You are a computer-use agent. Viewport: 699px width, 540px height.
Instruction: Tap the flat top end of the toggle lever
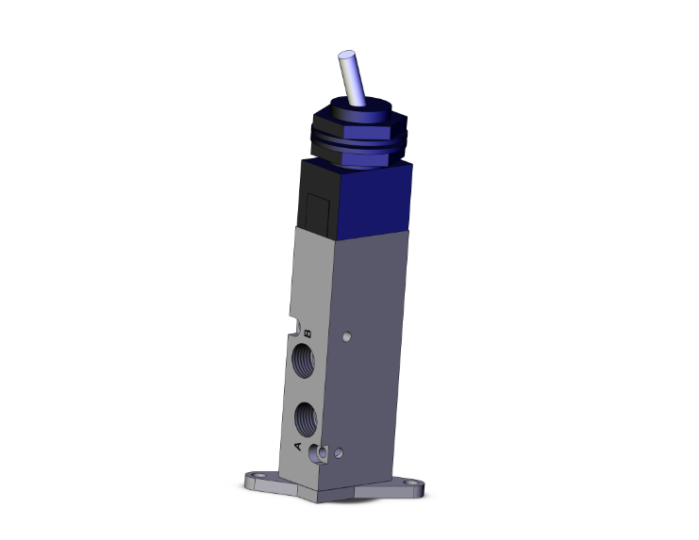click(x=344, y=58)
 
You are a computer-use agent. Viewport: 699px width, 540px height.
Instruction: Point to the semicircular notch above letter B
click(x=302, y=328)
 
